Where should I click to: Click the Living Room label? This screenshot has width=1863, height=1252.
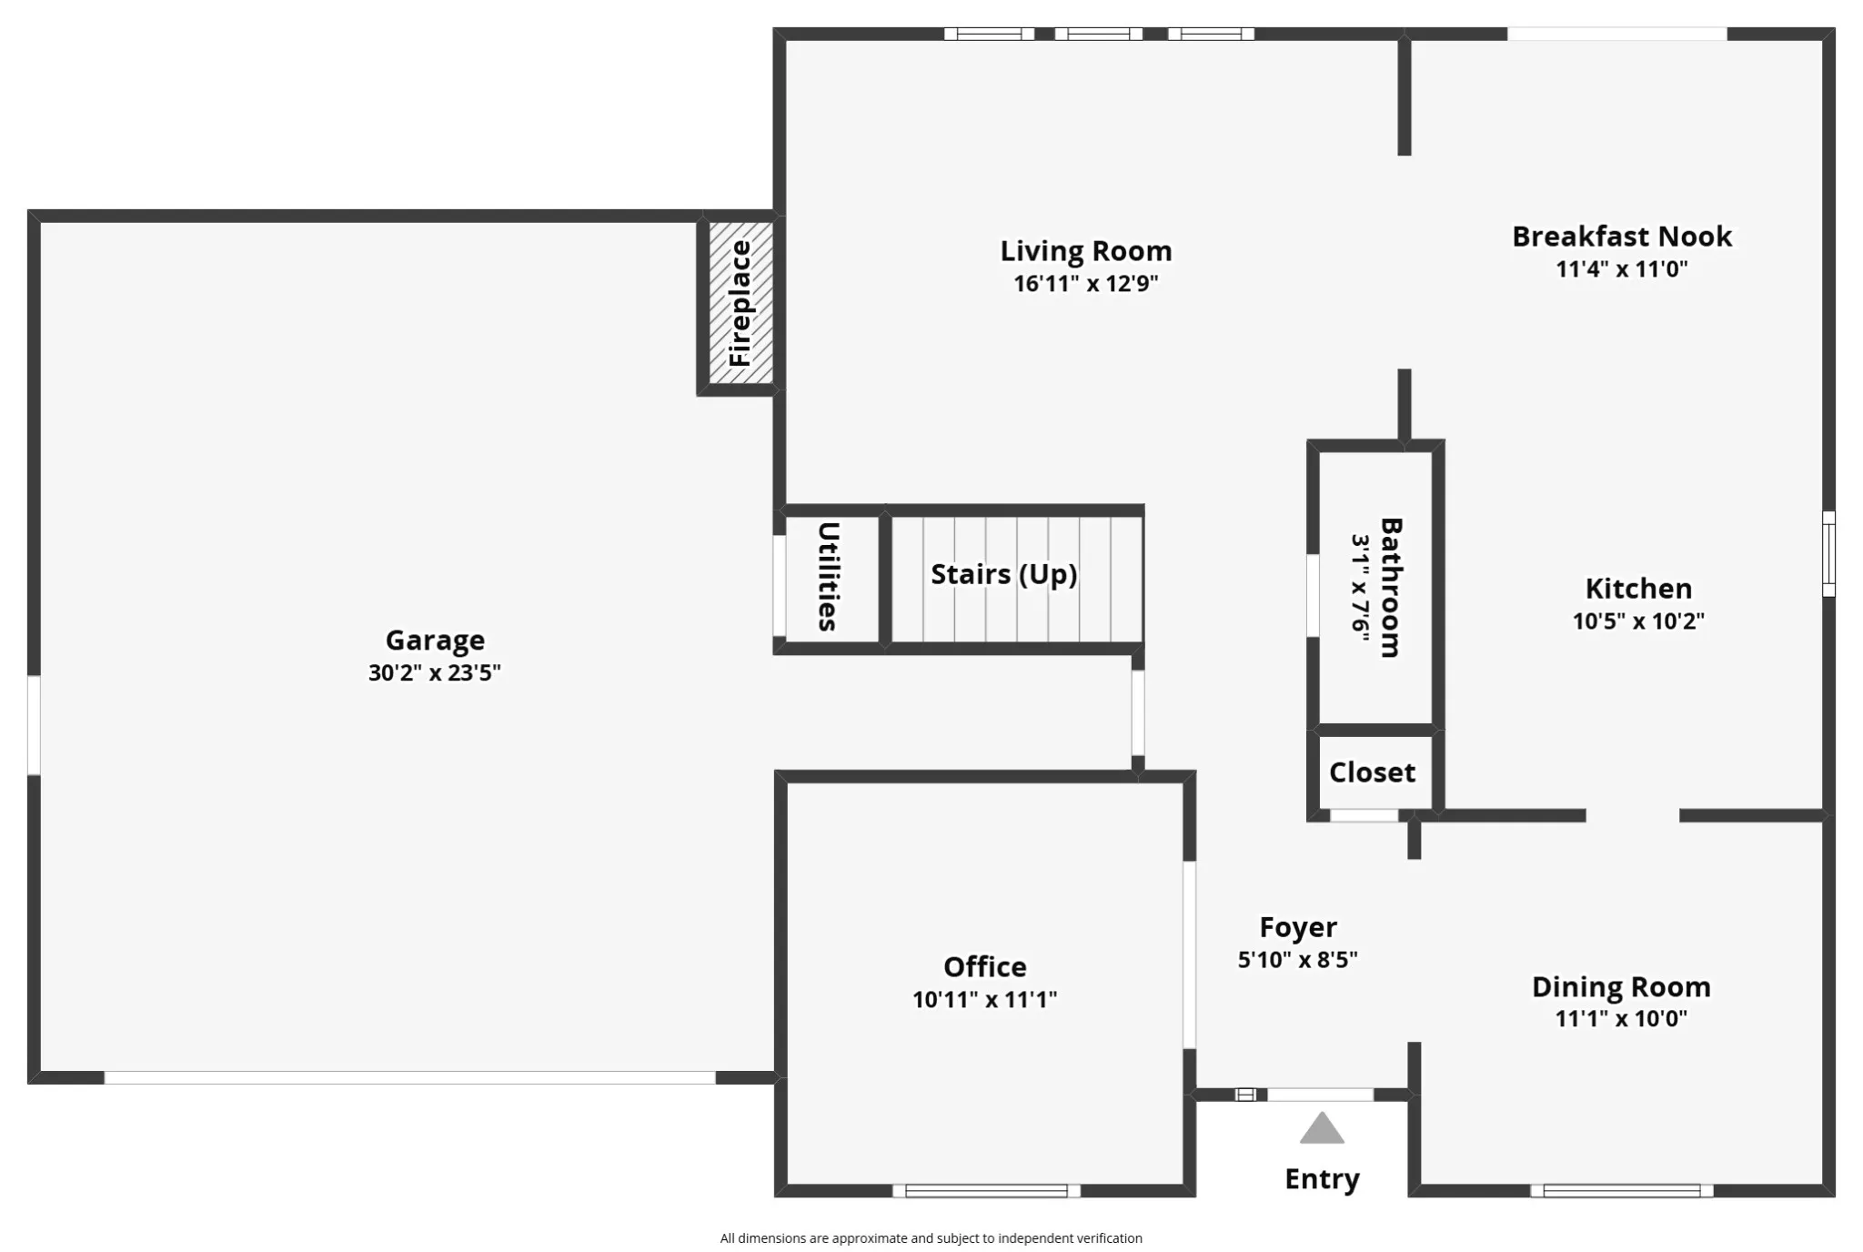click(x=1086, y=251)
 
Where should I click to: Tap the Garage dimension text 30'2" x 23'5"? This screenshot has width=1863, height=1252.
click(x=435, y=672)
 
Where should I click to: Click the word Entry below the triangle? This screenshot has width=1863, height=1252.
click(x=1322, y=1179)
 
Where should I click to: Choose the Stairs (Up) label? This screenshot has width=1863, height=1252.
click(x=1004, y=574)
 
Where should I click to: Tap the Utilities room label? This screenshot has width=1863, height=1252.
click(x=828, y=577)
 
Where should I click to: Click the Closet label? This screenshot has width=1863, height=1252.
click(x=1372, y=772)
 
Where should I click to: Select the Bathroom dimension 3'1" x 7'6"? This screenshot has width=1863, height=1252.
click(x=1360, y=588)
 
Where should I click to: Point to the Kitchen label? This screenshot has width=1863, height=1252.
click(x=1638, y=589)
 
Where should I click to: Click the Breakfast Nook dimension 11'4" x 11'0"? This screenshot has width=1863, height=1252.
click(x=1622, y=269)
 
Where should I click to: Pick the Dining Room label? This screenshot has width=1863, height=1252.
click(x=1621, y=986)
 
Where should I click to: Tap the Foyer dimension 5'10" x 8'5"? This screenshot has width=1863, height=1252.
click(x=1297, y=960)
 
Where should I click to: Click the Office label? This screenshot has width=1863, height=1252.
click(x=984, y=966)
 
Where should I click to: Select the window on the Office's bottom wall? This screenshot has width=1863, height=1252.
click(x=986, y=1191)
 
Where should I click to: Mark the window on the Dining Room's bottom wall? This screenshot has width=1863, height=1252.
click(x=1622, y=1191)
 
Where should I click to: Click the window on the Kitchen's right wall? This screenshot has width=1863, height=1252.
click(x=1828, y=554)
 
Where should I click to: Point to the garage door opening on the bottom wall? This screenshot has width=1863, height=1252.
click(x=410, y=1077)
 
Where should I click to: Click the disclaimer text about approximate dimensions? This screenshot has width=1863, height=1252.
click(x=931, y=1238)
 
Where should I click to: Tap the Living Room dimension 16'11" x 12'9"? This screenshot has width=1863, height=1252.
click(x=1086, y=284)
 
